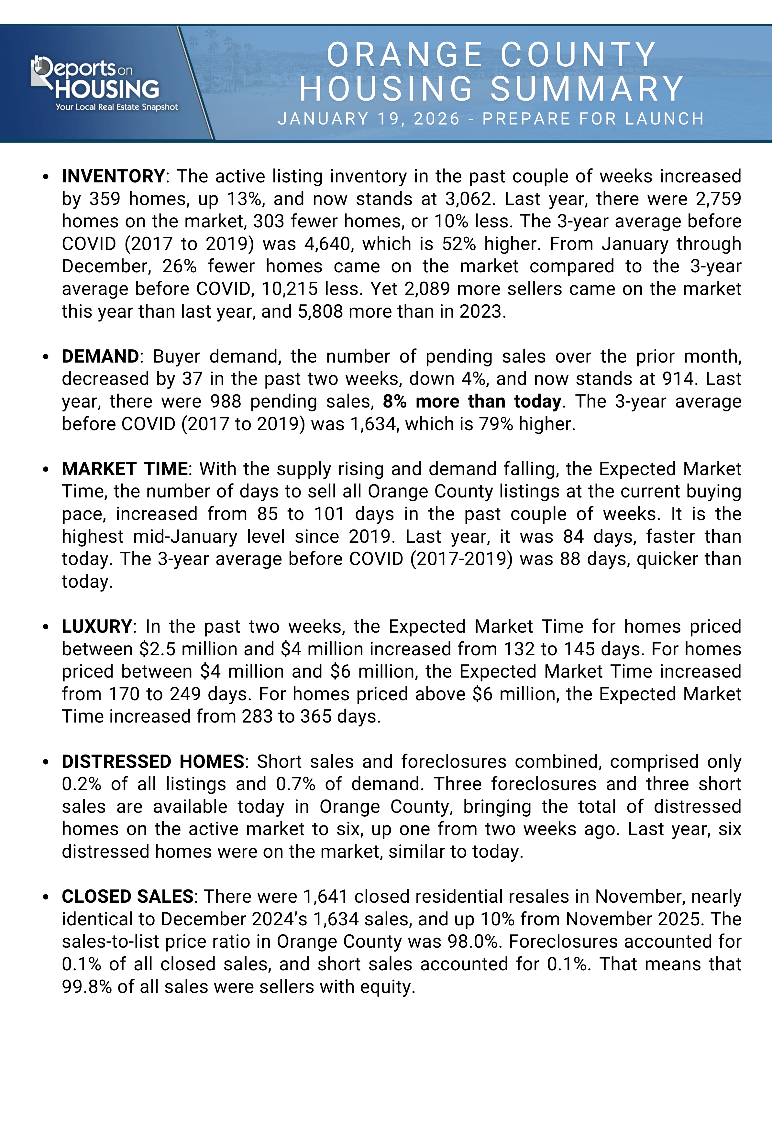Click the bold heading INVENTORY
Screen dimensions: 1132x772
click(x=113, y=176)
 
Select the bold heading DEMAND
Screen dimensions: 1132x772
click(x=100, y=356)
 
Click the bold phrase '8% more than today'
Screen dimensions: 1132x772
click(x=472, y=402)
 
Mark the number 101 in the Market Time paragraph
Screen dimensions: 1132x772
click(x=329, y=514)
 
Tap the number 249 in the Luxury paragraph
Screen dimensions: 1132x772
click(x=185, y=694)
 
